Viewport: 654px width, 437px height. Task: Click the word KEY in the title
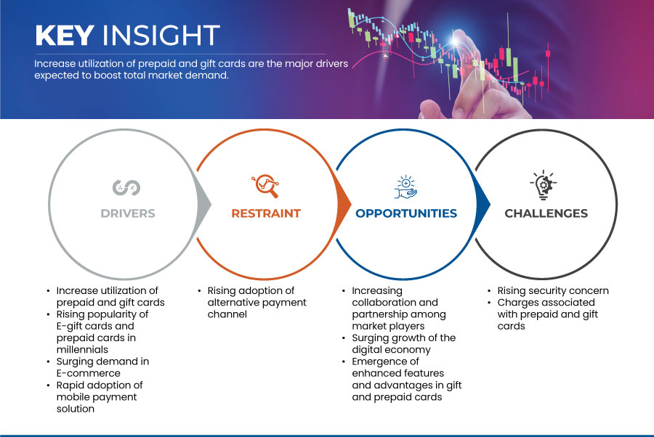65,35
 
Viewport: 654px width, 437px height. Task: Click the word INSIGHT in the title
161,35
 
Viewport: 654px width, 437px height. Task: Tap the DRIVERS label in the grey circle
128,213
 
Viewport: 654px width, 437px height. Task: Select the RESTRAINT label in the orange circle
266,213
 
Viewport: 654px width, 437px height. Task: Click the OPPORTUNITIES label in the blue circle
406,213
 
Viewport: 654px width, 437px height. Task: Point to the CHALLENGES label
546,213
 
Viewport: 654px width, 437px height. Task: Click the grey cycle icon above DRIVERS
126,187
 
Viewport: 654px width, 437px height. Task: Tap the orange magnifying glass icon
265,186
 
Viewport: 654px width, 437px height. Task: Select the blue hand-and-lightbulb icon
405,187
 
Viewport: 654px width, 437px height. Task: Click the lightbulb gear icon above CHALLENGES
544,185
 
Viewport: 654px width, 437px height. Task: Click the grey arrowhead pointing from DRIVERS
203,204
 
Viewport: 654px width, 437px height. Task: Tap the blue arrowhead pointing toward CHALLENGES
483,204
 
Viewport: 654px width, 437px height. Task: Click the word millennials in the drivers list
82,349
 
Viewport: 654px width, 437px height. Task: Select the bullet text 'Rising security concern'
553,291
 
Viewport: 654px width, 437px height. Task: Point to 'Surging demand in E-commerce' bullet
102,367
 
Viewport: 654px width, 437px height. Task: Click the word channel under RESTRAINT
227,314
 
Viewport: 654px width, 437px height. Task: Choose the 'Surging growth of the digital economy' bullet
404,343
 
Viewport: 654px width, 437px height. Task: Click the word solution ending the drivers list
76,409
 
